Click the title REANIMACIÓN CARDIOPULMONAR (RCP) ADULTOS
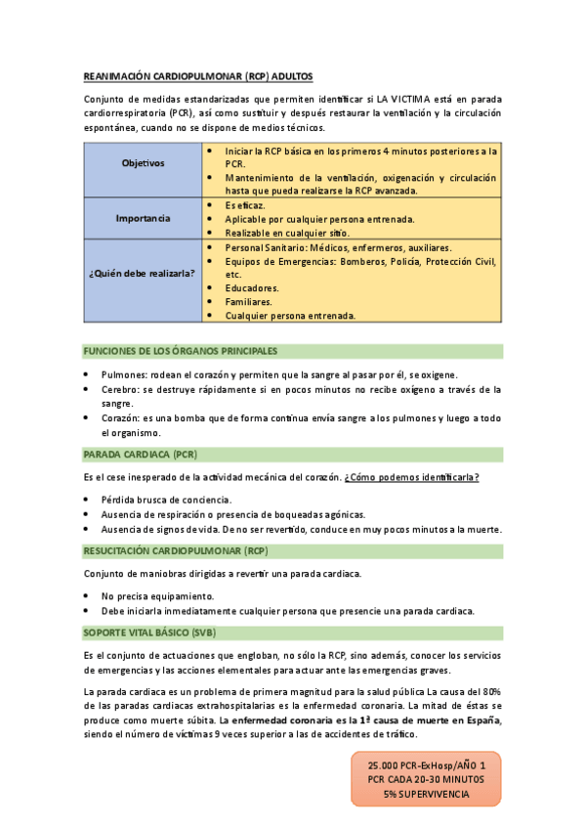click(x=197, y=75)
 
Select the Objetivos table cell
click(x=143, y=162)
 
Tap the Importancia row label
click(x=143, y=218)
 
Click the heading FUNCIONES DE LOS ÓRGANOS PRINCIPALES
click(x=180, y=350)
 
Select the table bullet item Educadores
click(x=252, y=288)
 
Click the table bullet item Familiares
click(x=248, y=302)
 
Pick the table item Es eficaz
click(x=245, y=205)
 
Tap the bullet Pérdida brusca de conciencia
click(x=166, y=500)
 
